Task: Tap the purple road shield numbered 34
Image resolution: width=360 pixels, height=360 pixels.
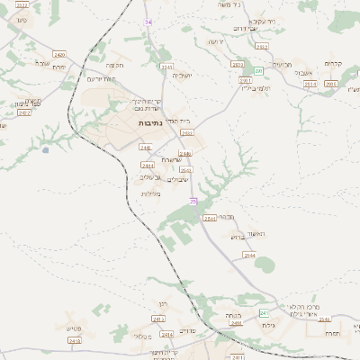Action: point(148,22)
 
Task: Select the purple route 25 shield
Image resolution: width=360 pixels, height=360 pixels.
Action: point(193,202)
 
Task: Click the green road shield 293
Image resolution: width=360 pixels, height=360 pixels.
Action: point(258,70)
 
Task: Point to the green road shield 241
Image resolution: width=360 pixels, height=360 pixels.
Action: point(265,312)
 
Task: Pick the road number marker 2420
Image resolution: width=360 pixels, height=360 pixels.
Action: point(60,56)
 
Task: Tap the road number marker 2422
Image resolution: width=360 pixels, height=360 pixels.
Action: point(24,112)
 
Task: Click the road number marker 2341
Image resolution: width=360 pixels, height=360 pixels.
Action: point(166,67)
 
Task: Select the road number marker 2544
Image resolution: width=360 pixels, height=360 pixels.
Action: point(249,256)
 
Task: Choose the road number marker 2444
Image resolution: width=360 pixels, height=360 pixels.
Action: point(148,166)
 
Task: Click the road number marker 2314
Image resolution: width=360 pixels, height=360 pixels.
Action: point(310,83)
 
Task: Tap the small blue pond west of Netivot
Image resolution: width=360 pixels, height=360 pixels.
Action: point(46,150)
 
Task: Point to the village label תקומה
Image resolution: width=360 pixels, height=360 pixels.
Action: point(116,65)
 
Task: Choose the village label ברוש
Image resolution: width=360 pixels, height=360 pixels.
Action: point(238,238)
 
